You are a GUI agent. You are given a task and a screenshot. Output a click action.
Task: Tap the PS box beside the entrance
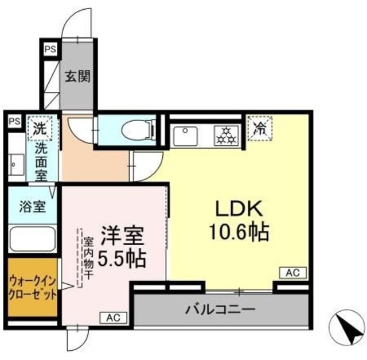click(50, 49)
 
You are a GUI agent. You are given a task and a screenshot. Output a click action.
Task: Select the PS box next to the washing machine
click(14, 121)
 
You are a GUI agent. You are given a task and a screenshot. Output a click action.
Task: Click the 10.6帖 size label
click(240, 231)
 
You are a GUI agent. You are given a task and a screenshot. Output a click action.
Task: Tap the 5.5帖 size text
click(121, 259)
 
